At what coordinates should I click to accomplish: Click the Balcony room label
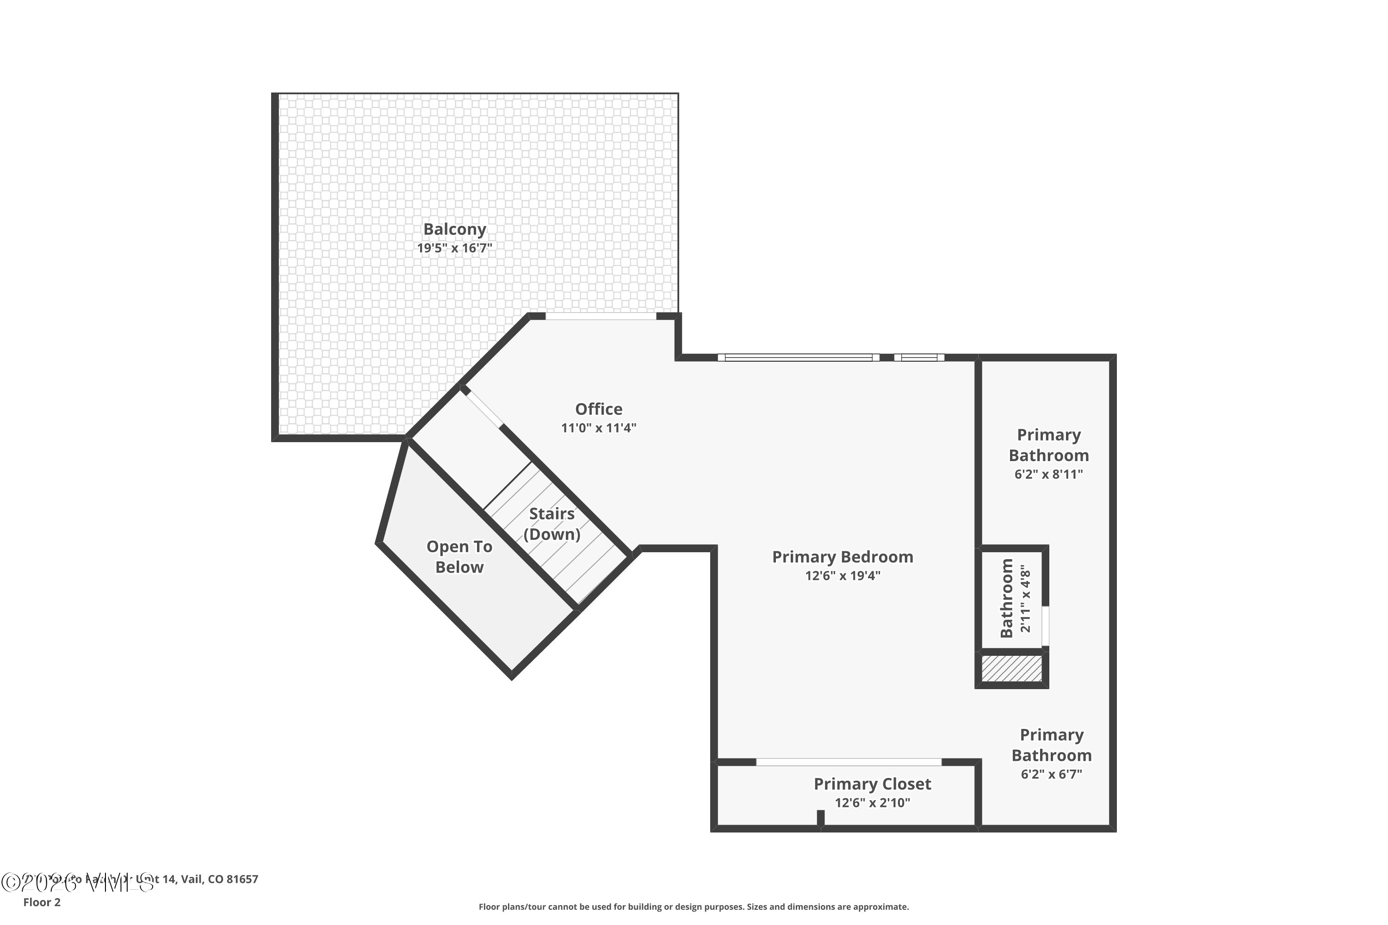point(454,229)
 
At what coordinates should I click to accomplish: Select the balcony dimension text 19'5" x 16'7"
point(454,248)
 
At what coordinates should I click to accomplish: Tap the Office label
point(598,409)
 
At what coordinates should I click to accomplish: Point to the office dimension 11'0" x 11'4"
point(598,428)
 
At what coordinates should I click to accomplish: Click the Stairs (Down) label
point(552,524)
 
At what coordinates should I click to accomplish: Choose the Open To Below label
point(459,557)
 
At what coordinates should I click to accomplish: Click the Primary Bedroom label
point(842,557)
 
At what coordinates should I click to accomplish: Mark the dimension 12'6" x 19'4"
point(842,576)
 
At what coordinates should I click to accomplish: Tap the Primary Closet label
point(872,784)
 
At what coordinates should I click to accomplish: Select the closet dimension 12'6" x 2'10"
point(872,803)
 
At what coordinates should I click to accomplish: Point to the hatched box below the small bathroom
point(1011,668)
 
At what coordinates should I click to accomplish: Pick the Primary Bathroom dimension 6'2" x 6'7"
point(1051,774)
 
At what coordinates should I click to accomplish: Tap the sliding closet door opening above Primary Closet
point(848,762)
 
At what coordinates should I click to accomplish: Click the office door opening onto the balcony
point(600,316)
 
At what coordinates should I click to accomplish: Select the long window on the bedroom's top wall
point(798,358)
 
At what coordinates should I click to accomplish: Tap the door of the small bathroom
point(1045,625)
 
